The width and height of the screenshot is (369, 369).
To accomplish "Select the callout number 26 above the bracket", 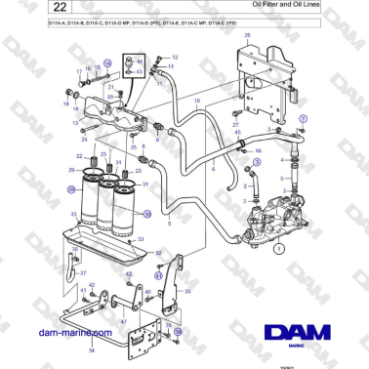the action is coord(246,36).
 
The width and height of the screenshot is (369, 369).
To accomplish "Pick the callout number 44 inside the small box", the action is coord(140,61).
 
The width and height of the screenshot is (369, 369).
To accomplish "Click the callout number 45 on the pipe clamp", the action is coord(257,151).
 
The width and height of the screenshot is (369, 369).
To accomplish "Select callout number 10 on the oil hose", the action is coord(197,101).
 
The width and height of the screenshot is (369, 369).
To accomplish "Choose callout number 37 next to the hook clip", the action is coord(83,272).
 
